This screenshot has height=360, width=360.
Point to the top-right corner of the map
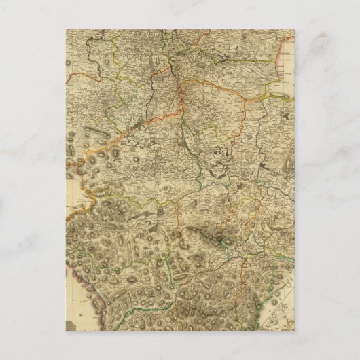(293, 29)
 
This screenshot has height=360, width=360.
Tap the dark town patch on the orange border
(139, 126)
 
